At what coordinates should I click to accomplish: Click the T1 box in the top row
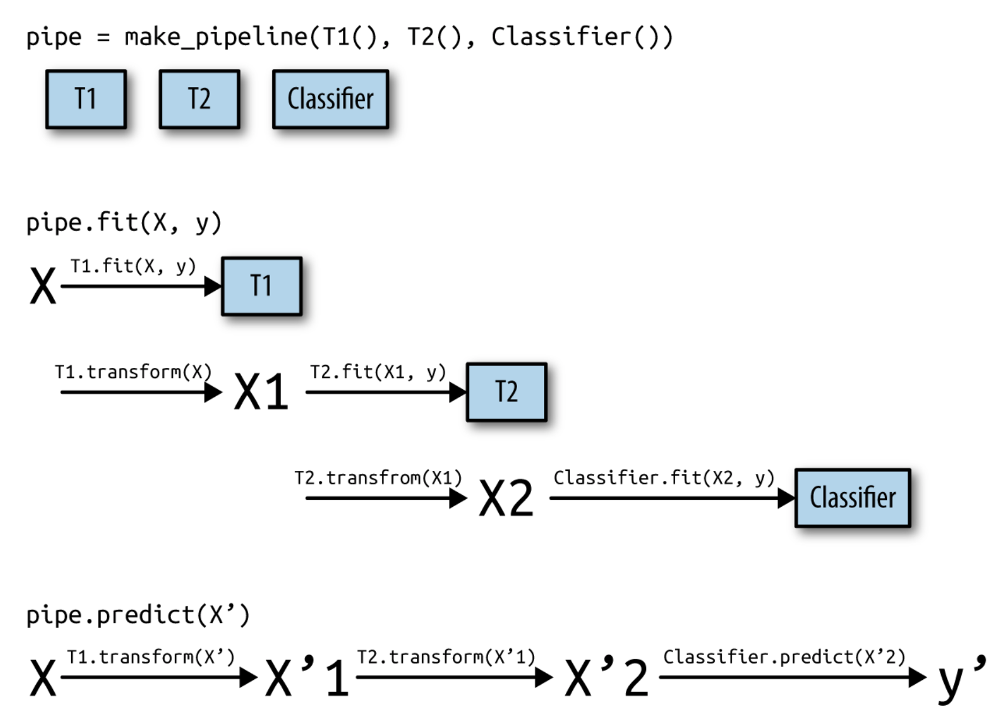[86, 99]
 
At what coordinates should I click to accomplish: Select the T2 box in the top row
[199, 99]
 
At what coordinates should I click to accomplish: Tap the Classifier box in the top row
[331, 99]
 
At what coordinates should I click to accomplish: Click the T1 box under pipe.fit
[262, 286]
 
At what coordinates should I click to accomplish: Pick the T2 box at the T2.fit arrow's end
[506, 392]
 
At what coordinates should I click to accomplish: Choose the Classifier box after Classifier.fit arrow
[852, 498]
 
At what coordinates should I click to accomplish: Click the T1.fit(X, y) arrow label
[133, 267]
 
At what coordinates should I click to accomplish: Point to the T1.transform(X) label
[133, 372]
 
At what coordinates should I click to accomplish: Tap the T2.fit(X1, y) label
[378, 372]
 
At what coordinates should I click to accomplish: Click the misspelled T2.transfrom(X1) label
[378, 477]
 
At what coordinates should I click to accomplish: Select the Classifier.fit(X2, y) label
[663, 477]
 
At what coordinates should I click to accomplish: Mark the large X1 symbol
[261, 391]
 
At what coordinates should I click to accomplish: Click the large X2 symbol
[506, 498]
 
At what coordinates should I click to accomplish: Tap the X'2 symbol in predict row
[606, 677]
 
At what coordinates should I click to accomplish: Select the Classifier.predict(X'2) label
[784, 657]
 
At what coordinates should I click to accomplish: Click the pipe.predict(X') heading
[138, 615]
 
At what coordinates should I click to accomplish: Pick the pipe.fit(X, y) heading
[124, 223]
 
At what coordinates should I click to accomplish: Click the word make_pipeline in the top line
[215, 37]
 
